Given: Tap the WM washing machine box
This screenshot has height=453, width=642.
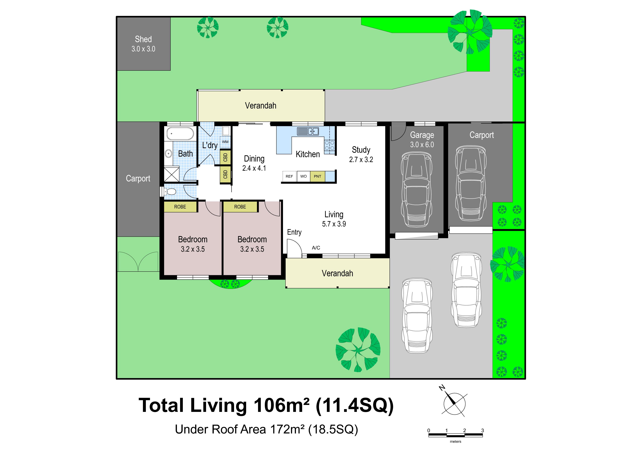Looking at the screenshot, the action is [225, 142].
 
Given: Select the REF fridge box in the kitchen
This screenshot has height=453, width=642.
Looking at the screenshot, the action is [289, 176].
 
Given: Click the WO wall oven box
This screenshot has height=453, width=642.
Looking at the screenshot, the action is [303, 176].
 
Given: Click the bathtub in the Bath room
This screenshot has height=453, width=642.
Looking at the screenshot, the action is [180, 134].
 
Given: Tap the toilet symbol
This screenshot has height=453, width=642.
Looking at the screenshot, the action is [170, 192].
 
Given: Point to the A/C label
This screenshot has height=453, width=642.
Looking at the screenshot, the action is [316, 248].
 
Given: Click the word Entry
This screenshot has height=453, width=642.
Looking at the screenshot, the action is [294, 232].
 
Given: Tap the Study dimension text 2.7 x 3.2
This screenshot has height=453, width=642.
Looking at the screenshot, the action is [361, 160].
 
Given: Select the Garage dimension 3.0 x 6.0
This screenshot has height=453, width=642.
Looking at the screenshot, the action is [422, 145].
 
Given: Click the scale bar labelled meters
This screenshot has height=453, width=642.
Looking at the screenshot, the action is [456, 435].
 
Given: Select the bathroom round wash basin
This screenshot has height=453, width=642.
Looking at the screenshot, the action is [168, 153].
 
